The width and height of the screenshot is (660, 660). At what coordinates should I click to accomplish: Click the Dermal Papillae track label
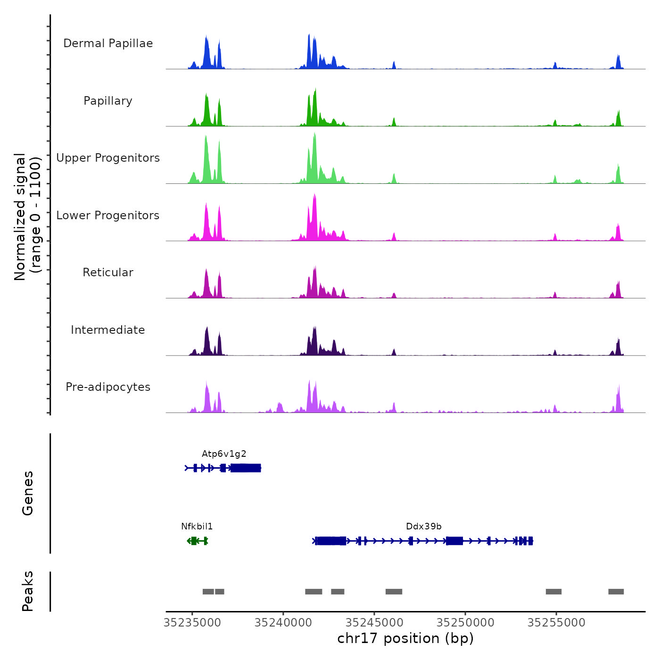[x=108, y=43]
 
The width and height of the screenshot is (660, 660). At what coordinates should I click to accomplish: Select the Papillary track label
[x=108, y=101]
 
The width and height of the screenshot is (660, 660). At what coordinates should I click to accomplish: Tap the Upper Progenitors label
[x=108, y=158]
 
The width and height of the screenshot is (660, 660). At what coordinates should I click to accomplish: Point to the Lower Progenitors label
[x=108, y=215]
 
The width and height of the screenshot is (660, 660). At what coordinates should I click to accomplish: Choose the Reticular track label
[x=108, y=272]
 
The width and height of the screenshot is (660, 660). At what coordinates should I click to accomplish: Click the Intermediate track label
[x=108, y=330]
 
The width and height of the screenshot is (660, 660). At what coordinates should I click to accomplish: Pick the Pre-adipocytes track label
[x=108, y=387]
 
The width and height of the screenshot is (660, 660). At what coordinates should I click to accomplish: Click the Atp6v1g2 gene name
[x=224, y=454]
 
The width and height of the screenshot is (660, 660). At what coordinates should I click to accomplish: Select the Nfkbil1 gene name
[x=197, y=527]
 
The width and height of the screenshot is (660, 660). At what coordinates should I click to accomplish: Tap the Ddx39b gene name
[x=424, y=527]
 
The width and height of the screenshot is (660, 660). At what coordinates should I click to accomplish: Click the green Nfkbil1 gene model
[x=197, y=541]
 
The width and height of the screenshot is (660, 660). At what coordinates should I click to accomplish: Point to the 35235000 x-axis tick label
[x=192, y=623]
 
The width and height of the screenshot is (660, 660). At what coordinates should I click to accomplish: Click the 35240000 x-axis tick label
[x=283, y=623]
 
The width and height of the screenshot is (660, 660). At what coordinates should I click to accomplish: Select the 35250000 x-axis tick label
[x=465, y=623]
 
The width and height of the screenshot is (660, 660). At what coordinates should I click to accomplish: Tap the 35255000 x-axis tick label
[x=556, y=623]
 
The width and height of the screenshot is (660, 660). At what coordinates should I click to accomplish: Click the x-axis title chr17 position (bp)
[x=405, y=638]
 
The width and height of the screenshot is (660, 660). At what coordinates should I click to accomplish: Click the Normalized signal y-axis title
[x=27, y=217]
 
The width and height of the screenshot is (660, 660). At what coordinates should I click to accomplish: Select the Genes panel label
[x=28, y=493]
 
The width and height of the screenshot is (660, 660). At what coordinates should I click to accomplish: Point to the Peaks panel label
[x=28, y=591]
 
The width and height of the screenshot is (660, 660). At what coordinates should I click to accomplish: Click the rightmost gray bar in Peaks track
[x=616, y=592]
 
